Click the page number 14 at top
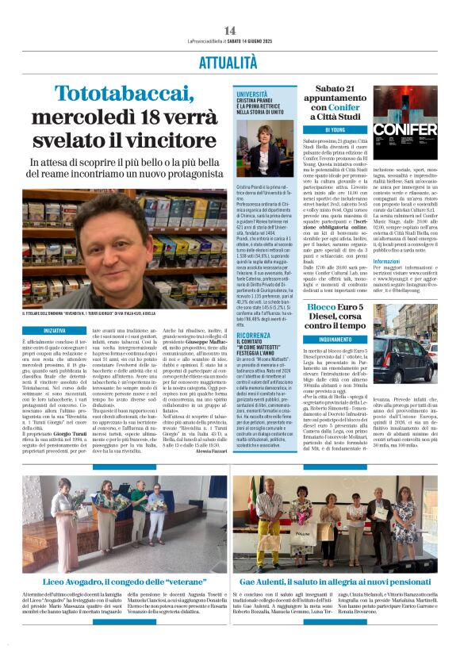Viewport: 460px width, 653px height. [230, 30]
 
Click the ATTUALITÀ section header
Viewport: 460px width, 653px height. [230, 63]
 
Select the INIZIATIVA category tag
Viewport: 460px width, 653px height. [55, 329]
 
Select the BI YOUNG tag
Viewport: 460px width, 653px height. [338, 129]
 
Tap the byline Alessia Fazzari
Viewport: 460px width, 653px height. [211, 448]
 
